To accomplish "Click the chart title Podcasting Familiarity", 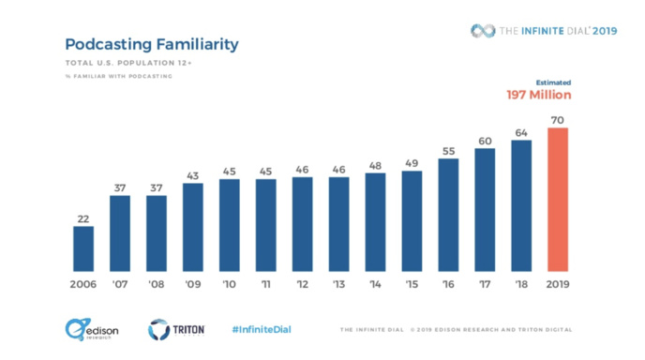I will pyautogui.click(x=151, y=44).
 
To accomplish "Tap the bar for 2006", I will pyautogui.click(x=83, y=247).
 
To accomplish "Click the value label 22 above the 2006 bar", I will pyautogui.click(x=83, y=218).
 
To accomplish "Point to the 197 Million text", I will pyautogui.click(x=538, y=96).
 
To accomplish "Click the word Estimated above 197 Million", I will pyautogui.click(x=552, y=82).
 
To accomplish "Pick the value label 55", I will pyautogui.click(x=448, y=151).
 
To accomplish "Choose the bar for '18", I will pyautogui.click(x=521, y=205).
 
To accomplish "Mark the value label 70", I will pyautogui.click(x=558, y=120).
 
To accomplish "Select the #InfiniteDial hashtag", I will pyautogui.click(x=262, y=330).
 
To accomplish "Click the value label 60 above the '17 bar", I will pyautogui.click(x=485, y=142).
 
